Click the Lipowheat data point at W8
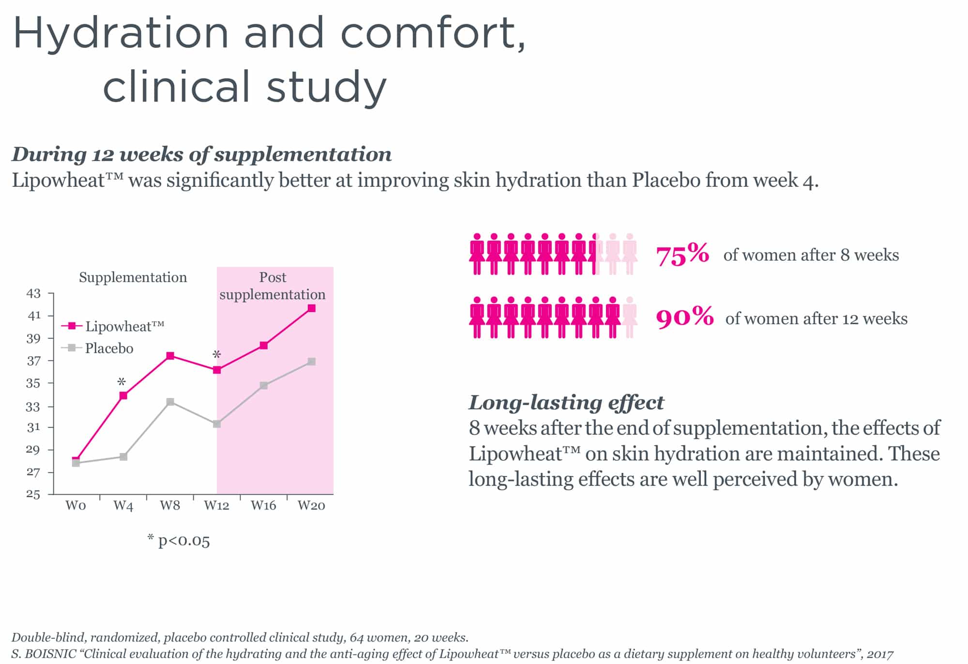coord(170,356)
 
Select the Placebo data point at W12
coord(217,424)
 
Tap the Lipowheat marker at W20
coord(312,308)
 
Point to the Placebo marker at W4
coord(123,457)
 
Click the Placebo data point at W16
coord(264,386)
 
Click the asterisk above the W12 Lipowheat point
coord(217,355)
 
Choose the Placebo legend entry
coord(98,348)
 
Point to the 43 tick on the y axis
coord(33,293)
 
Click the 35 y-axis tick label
coord(33,383)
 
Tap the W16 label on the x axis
coord(263,506)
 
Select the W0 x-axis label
coord(76,506)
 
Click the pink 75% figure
coord(682,255)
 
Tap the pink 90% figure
coord(684,317)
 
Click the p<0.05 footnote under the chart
coord(179,541)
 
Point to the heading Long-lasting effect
coord(566,403)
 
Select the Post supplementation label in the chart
coord(272,286)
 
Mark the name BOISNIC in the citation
coord(52,654)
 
